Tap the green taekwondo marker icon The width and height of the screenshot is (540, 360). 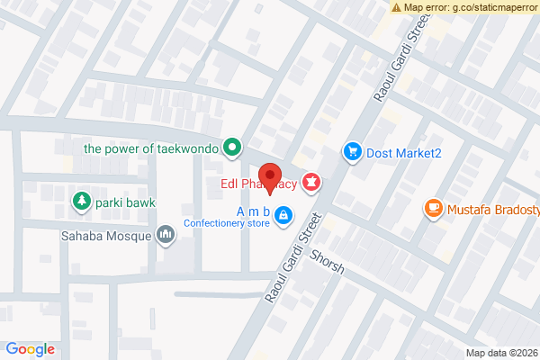(233, 146)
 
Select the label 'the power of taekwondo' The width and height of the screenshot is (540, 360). (151, 147)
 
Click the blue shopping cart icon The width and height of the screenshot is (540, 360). (353, 152)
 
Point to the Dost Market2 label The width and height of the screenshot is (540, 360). (404, 153)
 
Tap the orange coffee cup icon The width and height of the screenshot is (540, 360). (433, 210)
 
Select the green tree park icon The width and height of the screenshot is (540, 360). (82, 200)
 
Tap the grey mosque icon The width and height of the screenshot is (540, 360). (166, 235)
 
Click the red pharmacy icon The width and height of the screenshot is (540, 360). (311, 184)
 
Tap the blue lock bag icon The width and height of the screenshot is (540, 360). (283, 214)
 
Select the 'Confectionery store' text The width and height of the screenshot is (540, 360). (226, 222)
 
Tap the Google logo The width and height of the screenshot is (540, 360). (31, 349)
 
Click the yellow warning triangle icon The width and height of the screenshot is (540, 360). (396, 7)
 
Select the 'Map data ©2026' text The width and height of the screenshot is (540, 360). (501, 353)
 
